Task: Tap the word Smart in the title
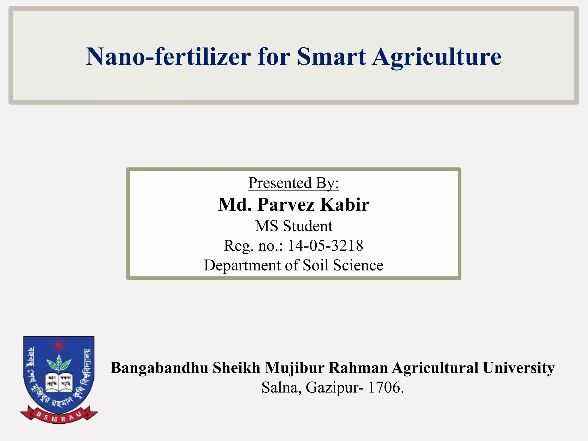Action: click(x=331, y=56)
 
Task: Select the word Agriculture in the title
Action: click(x=436, y=57)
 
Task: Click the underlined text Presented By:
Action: click(x=293, y=183)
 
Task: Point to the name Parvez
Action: click(x=286, y=205)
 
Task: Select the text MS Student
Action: click(x=293, y=226)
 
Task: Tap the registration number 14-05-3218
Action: click(x=325, y=246)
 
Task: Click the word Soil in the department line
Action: click(x=315, y=265)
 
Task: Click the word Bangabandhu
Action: click(x=159, y=368)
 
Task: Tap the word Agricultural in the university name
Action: click(x=435, y=368)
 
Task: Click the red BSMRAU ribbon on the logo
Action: click(x=59, y=416)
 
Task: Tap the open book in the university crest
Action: click(x=59, y=382)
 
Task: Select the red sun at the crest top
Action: click(x=59, y=345)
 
